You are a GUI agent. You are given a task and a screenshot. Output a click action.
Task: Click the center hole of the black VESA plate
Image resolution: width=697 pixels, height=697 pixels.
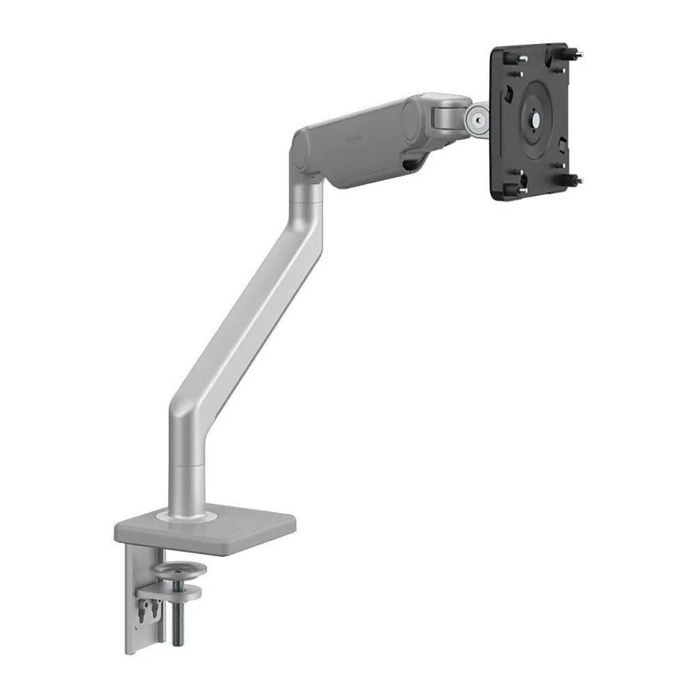tap(537, 118)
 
